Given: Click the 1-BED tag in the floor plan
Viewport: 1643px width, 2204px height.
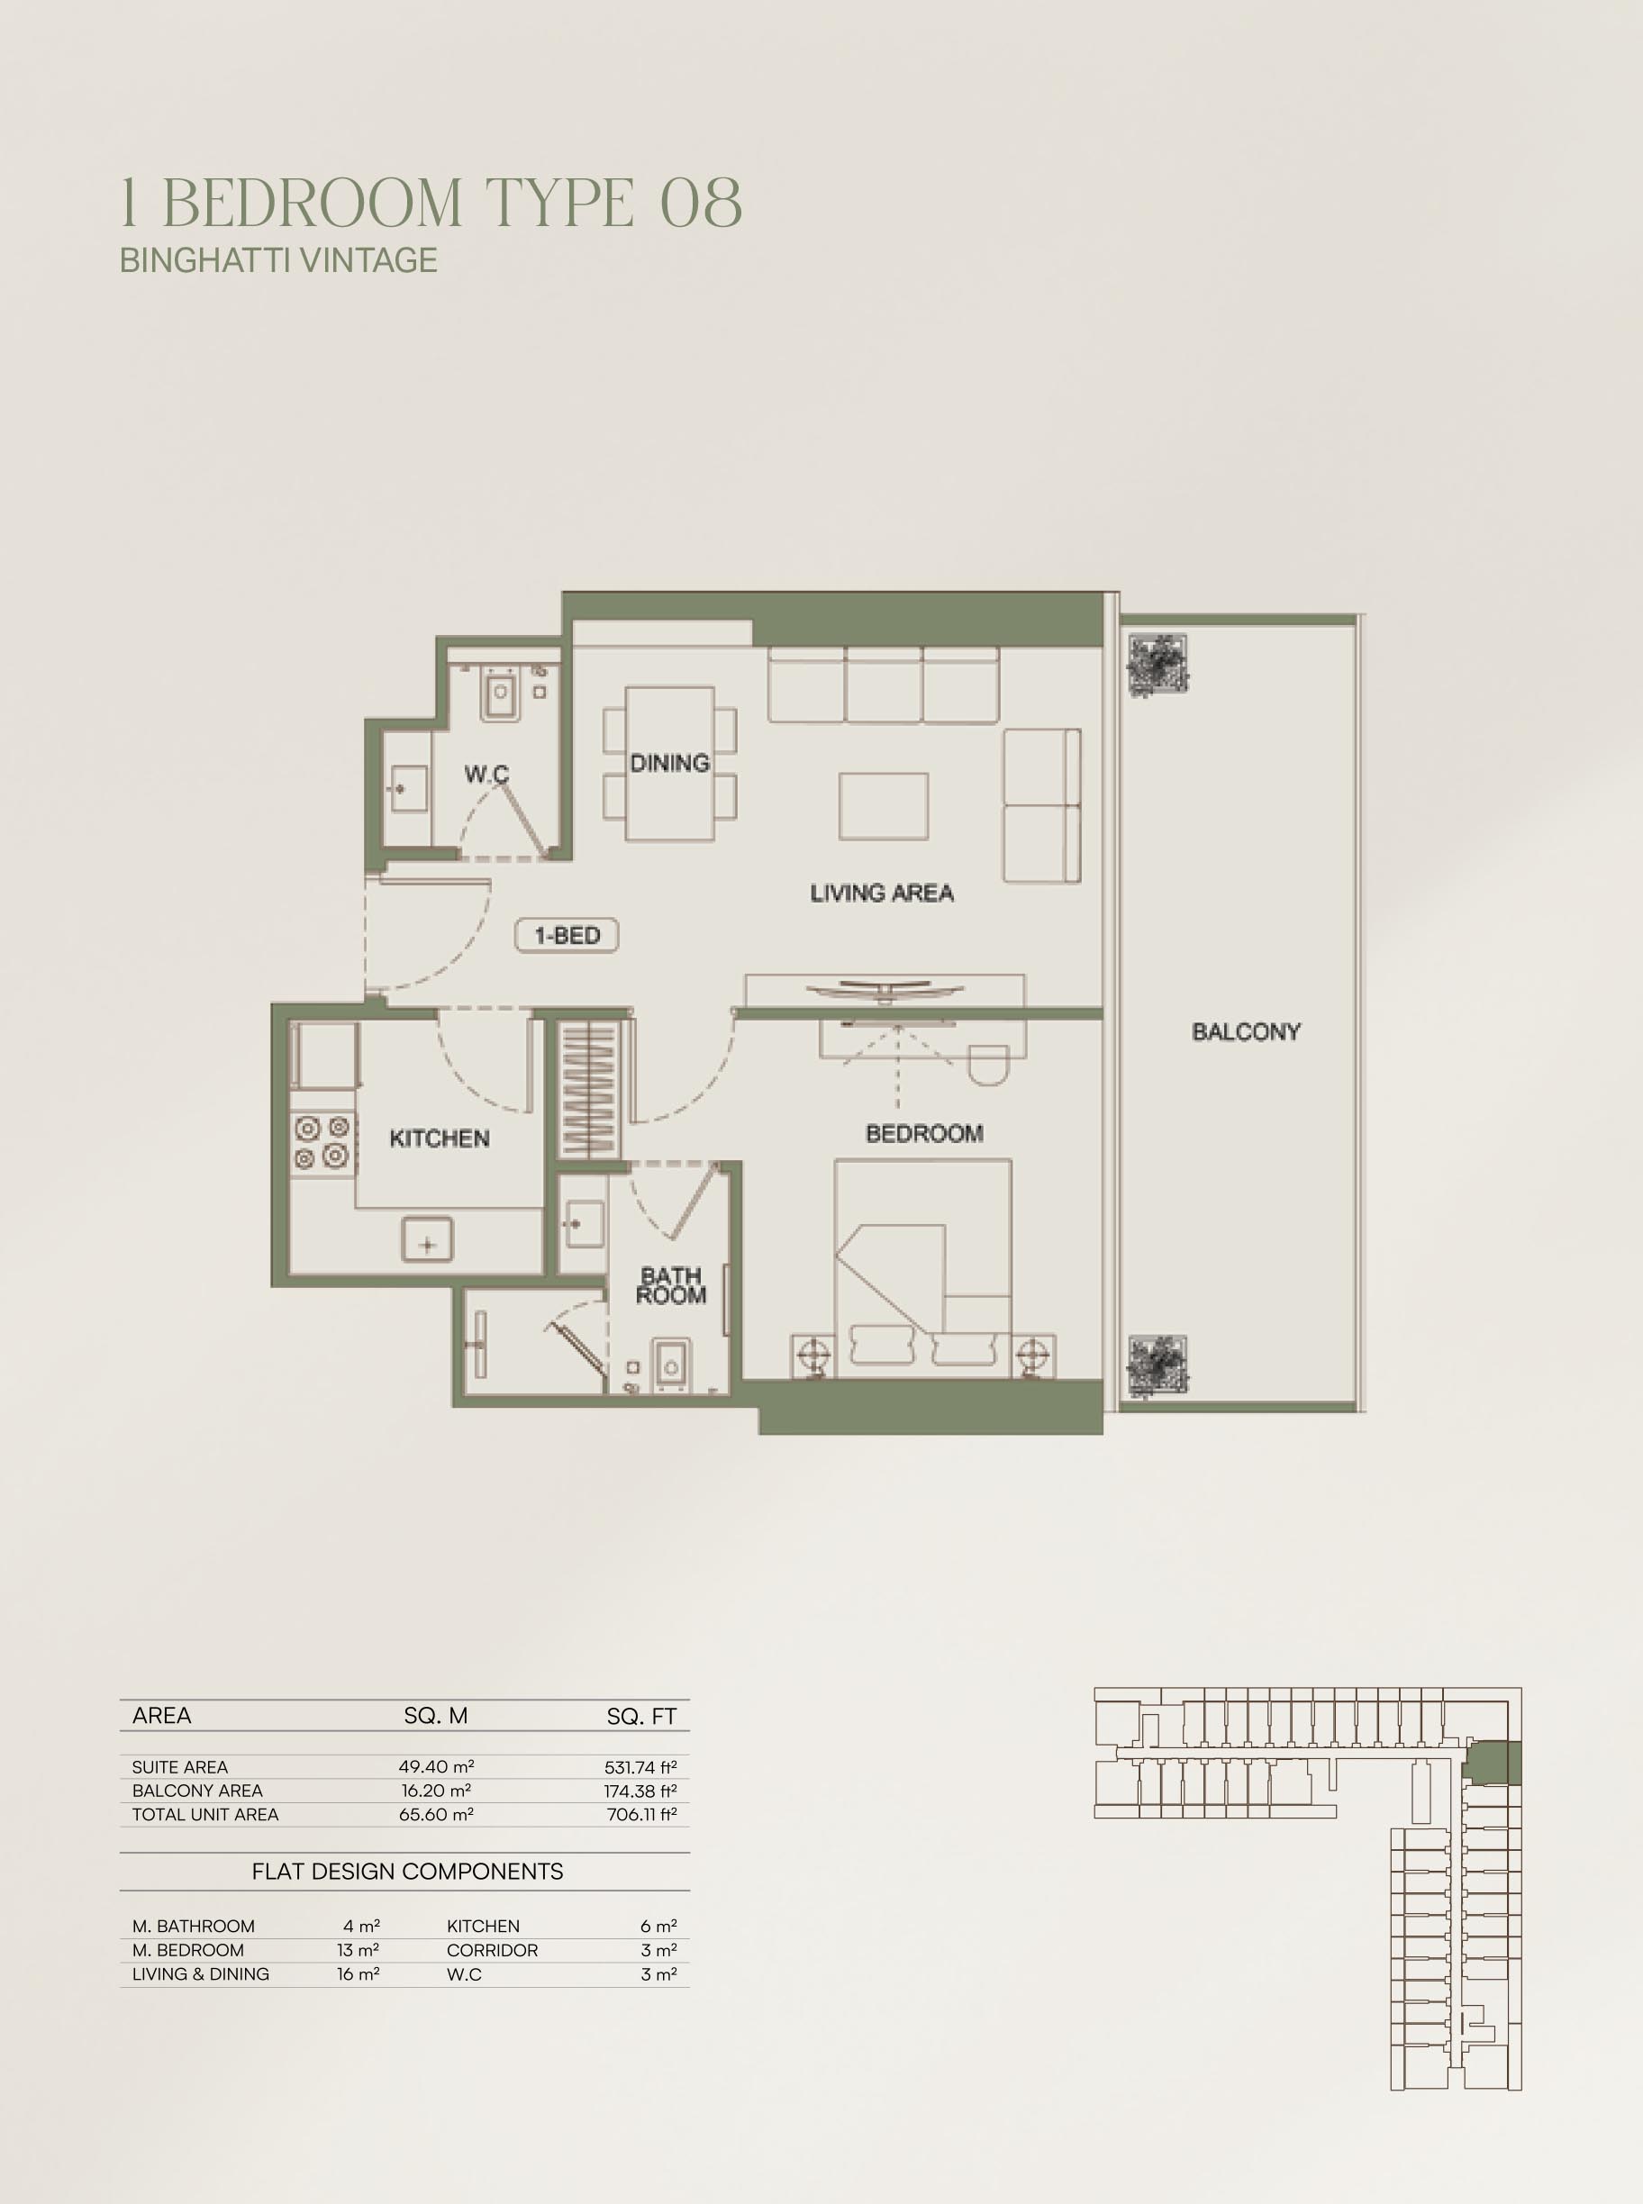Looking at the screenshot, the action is click(x=567, y=935).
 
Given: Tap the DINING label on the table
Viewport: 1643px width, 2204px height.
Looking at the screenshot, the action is click(x=669, y=763).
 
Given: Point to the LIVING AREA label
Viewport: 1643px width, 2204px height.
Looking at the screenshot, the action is click(x=881, y=893).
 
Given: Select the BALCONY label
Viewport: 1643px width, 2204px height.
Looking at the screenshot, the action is click(x=1246, y=1031).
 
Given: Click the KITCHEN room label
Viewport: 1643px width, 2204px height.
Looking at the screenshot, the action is click(x=439, y=1138).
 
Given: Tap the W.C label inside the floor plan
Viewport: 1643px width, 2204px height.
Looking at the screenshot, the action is click(x=486, y=773).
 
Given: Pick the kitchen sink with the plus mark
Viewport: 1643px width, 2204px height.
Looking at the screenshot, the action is click(x=427, y=1242).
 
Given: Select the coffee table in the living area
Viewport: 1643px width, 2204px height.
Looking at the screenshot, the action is click(x=883, y=807).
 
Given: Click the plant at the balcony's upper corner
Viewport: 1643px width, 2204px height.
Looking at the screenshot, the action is click(x=1157, y=665).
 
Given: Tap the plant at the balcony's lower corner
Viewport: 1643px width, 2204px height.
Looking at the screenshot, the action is click(x=1157, y=1365).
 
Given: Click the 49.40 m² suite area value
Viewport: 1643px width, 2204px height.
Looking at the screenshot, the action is click(x=436, y=1766).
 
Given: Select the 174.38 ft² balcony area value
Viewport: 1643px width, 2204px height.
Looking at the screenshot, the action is click(x=640, y=1791).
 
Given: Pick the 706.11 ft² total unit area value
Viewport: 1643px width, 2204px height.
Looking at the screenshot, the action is click(x=641, y=1814).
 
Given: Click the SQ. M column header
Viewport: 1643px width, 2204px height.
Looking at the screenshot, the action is click(x=436, y=1716).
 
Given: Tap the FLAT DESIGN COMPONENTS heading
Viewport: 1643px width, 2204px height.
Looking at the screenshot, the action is click(x=408, y=1872).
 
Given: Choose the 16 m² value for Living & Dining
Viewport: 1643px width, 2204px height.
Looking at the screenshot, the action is click(x=358, y=1974).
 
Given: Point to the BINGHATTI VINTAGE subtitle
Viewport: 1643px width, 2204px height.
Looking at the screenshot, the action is click(x=278, y=259).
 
